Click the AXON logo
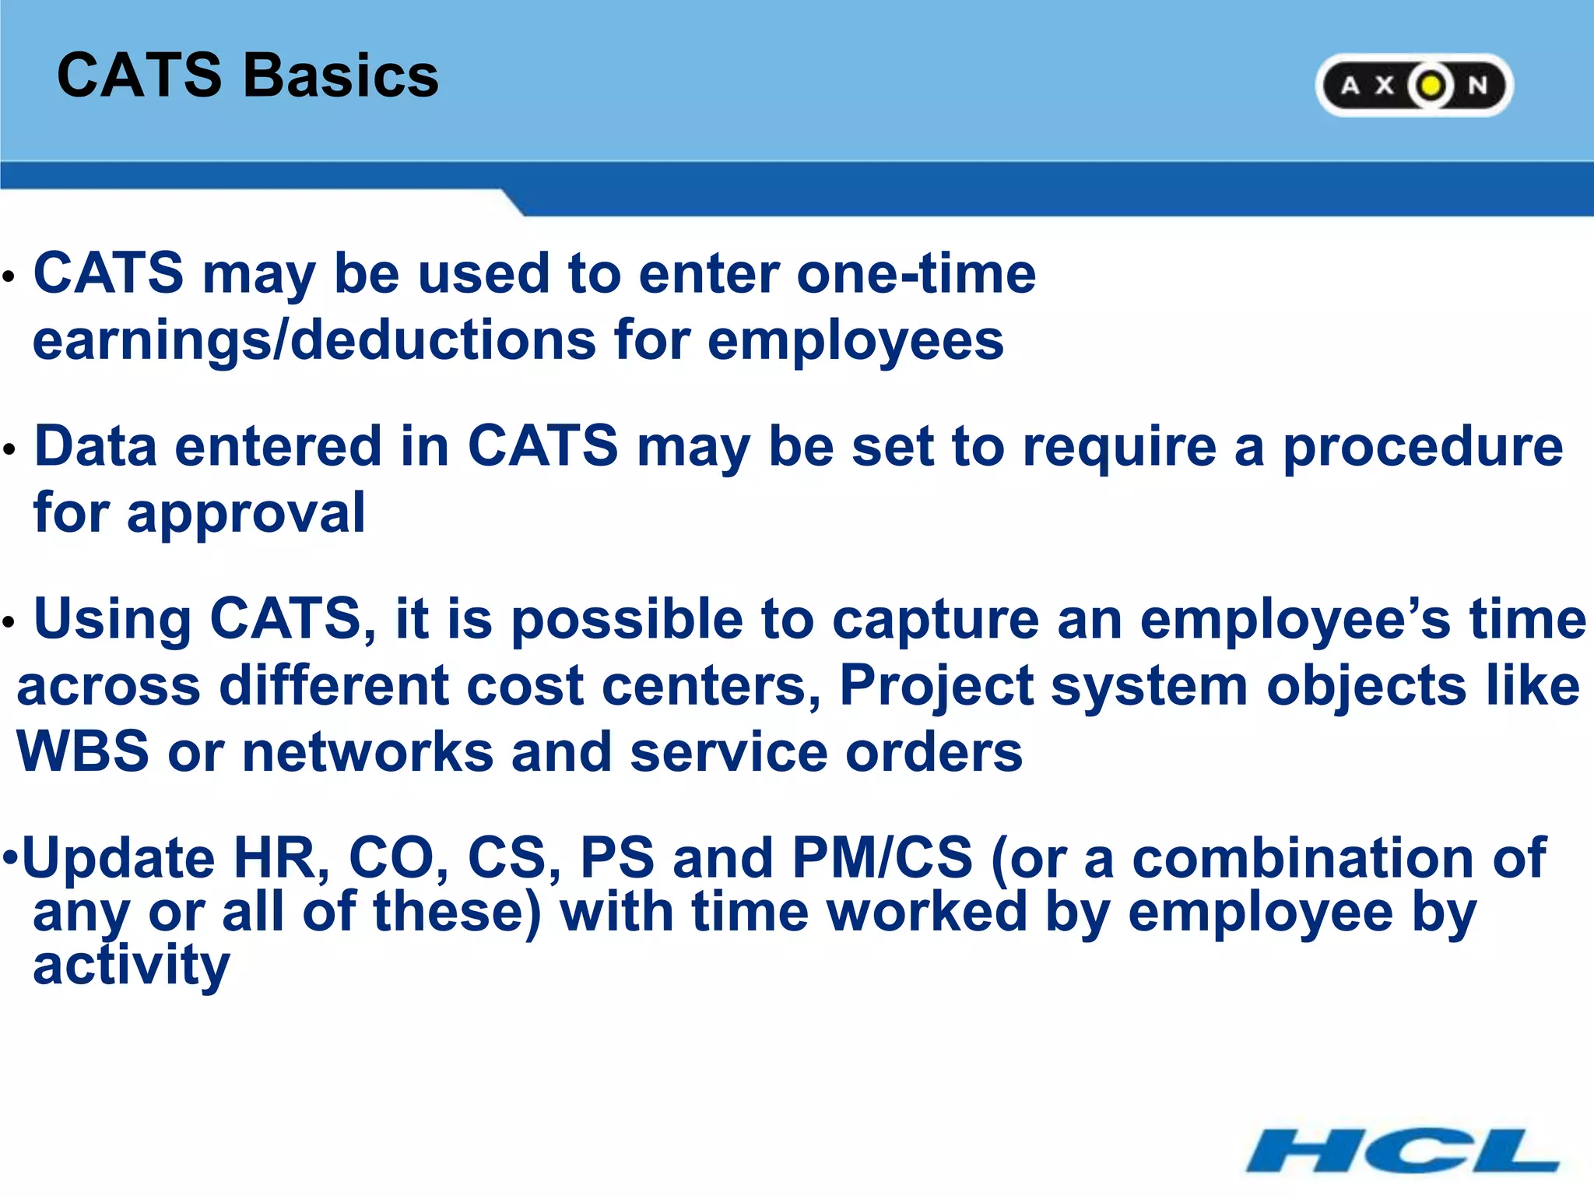point(1413,86)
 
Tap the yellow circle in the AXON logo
point(1431,86)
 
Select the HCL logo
point(1403,1150)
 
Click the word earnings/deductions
point(314,342)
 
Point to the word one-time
point(916,274)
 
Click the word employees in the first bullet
point(855,342)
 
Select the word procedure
point(1422,448)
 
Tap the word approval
point(245,514)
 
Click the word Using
point(113,619)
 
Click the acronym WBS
point(83,752)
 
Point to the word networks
point(367,752)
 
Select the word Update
point(118,858)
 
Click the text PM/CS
point(882,858)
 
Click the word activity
point(131,966)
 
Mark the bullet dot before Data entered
point(9,449)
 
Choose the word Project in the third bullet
point(935,687)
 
